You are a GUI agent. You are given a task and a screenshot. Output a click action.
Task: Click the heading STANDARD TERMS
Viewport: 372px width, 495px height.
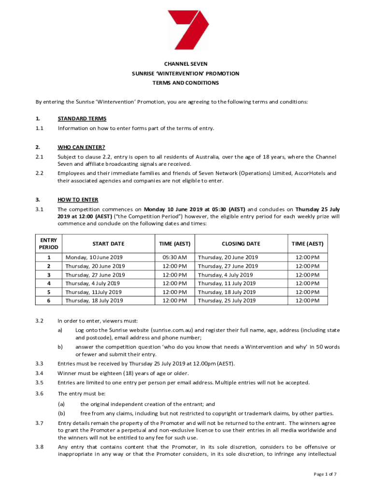point(82,118)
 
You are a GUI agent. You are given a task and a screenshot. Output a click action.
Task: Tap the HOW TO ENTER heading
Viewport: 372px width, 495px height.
point(78,200)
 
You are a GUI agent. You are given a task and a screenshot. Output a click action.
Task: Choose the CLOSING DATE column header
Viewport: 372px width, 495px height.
point(241,244)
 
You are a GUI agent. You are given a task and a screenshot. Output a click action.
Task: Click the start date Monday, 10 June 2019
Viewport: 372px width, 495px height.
point(95,257)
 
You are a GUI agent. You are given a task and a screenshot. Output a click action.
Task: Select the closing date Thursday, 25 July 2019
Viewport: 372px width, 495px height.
point(227,301)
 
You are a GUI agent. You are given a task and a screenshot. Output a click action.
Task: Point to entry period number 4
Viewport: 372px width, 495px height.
point(49,283)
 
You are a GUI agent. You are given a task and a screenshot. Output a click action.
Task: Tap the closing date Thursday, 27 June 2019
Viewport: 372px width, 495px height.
point(228,266)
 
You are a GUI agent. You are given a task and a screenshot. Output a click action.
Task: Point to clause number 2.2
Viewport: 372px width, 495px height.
point(40,173)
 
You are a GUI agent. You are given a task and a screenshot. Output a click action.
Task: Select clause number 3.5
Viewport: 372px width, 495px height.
point(40,382)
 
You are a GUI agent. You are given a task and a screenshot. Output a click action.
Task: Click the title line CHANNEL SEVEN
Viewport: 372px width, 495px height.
point(186,64)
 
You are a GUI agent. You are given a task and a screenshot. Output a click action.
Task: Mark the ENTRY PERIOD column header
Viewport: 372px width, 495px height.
point(49,244)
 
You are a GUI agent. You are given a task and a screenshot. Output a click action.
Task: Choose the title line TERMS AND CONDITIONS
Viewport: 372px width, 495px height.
point(186,83)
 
